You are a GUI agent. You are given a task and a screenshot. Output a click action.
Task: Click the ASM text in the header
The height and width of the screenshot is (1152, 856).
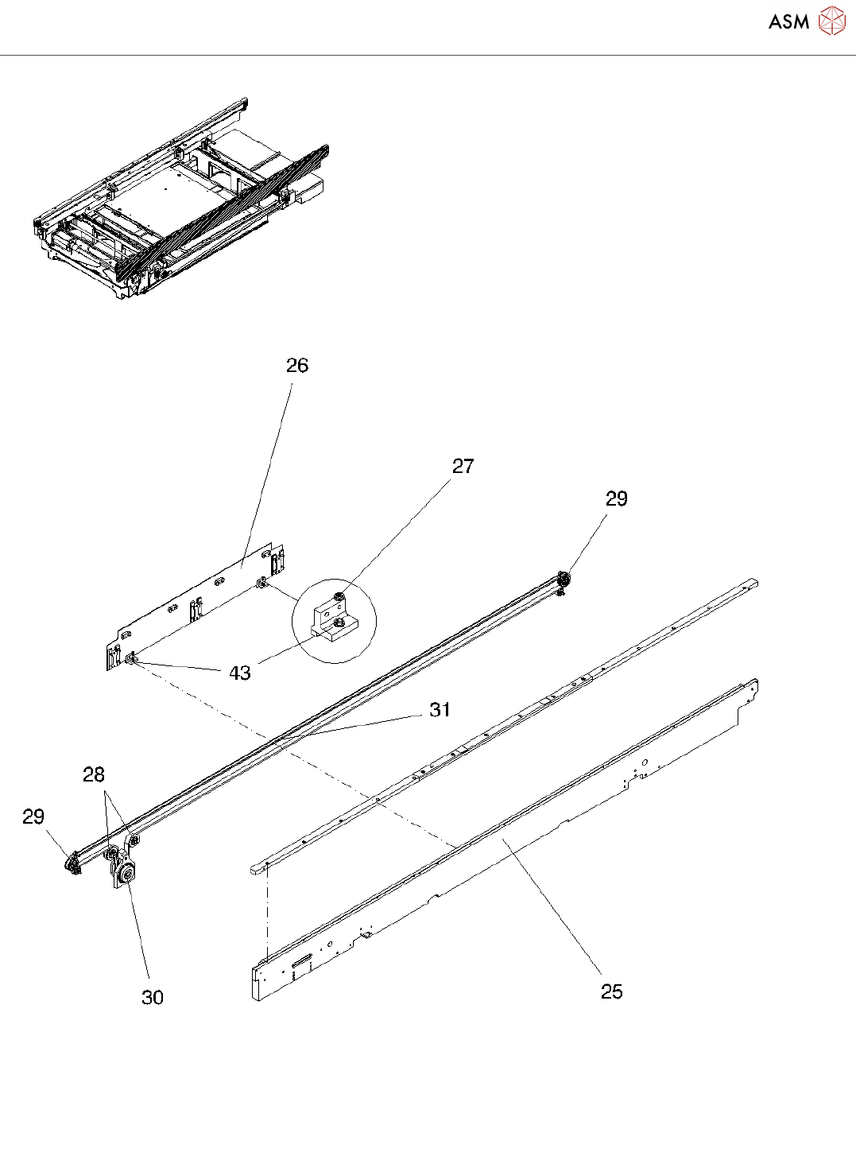point(788,21)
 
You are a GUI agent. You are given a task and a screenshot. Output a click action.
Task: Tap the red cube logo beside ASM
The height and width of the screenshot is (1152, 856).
point(832,21)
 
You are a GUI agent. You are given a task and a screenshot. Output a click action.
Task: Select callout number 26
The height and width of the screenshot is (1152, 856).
point(297,365)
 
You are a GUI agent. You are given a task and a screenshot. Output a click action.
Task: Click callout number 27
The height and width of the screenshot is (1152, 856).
point(463,466)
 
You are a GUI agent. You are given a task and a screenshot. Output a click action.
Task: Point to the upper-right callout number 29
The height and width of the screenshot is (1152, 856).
point(617,498)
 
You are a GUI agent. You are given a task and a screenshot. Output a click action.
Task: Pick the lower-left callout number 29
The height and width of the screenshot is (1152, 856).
point(33,816)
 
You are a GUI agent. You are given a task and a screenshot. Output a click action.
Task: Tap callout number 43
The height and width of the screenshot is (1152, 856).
point(240,673)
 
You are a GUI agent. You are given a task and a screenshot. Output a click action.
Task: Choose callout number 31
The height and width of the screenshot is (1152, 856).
point(440,709)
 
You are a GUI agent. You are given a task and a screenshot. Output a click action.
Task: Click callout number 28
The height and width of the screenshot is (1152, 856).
point(94,774)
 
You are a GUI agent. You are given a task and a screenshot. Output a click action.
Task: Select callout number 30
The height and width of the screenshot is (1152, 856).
point(153,997)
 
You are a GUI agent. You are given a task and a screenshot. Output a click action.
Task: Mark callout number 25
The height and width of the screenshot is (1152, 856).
point(612,991)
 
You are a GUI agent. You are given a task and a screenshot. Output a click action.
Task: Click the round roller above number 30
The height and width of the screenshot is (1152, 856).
point(126,876)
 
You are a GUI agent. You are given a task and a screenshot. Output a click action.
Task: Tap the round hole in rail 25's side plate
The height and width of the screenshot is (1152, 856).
point(645,762)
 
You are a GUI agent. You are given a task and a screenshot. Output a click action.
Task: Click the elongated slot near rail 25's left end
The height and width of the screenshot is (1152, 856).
point(301,964)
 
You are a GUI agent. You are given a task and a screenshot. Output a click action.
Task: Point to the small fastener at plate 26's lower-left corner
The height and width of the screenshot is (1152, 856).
point(130,657)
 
